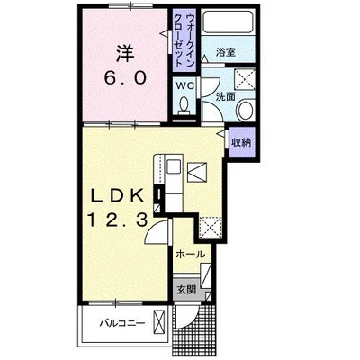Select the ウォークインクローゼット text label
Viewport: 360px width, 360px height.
[x=184, y=40]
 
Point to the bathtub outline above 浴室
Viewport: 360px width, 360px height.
[x=226, y=23]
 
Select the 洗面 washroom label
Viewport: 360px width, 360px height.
[x=225, y=95]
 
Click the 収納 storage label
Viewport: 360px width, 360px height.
[x=240, y=141]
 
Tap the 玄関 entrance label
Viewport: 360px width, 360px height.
[x=185, y=290]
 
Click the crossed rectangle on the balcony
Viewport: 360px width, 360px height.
[x=159, y=322]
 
